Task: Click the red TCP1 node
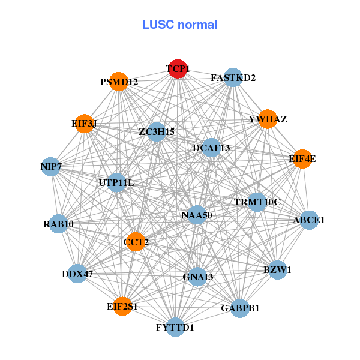tap(177, 70)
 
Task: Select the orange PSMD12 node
tap(119, 82)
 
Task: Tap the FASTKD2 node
tap(232, 78)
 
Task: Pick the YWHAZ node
tap(268, 119)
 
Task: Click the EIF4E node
tap(302, 159)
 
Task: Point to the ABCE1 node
tap(309, 220)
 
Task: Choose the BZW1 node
tap(277, 270)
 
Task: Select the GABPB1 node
tap(239, 308)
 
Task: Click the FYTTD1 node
tap(175, 327)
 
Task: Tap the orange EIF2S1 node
tap(123, 306)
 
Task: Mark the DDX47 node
tap(77, 274)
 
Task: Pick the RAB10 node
tap(58, 224)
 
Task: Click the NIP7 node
tap(51, 166)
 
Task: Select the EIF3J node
tap(85, 124)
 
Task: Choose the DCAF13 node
tap(211, 148)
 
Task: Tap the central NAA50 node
tap(197, 215)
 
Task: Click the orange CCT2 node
tap(136, 242)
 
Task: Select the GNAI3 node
tap(198, 277)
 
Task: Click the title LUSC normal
tap(179, 25)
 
